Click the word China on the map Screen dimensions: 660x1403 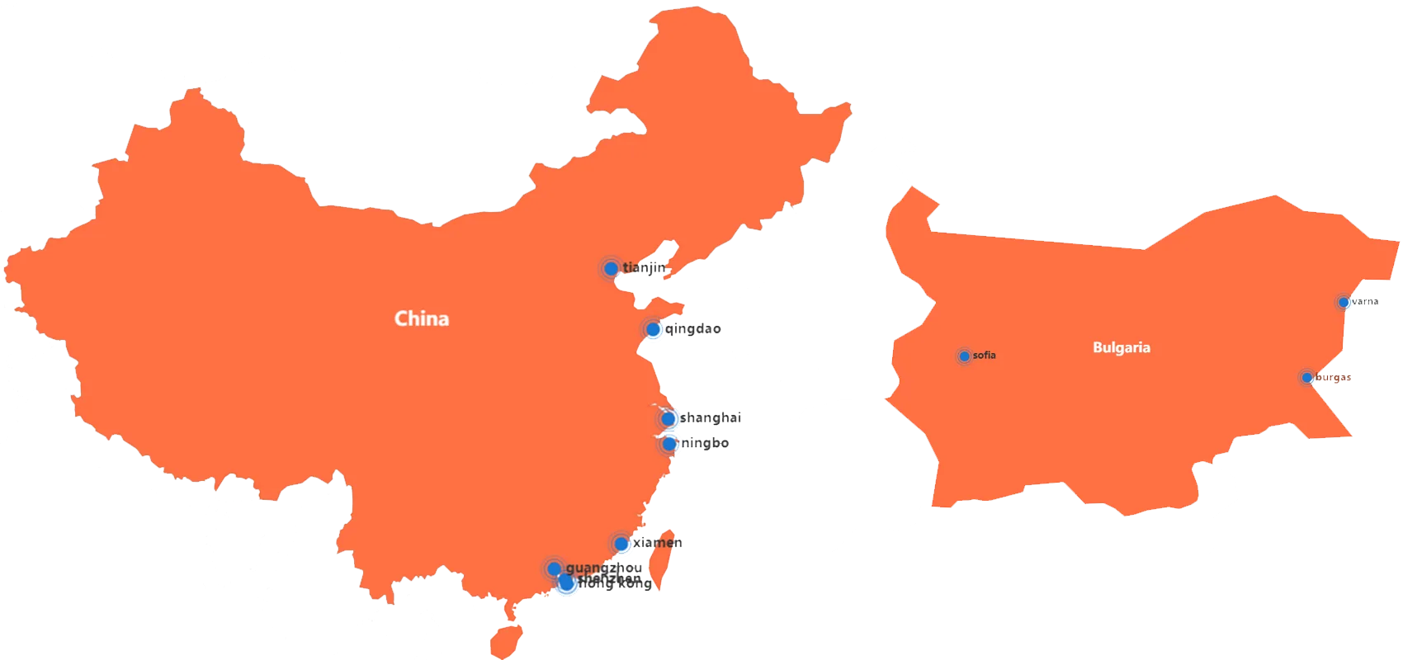(x=422, y=318)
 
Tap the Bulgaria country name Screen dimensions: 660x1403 (x=1121, y=347)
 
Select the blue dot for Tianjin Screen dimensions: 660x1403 (x=611, y=268)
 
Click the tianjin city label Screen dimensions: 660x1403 (x=644, y=267)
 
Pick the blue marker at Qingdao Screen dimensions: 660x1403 (x=653, y=329)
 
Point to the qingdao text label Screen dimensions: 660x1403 (x=693, y=329)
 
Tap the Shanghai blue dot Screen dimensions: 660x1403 (x=668, y=418)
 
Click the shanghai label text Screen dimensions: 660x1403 (x=710, y=417)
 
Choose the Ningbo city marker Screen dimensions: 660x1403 (x=669, y=444)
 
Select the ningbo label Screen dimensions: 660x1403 (x=706, y=443)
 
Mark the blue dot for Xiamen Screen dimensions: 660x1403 (x=621, y=544)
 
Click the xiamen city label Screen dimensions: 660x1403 (x=658, y=542)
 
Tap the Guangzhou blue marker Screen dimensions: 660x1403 (x=554, y=568)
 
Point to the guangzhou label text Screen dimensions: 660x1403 (x=603, y=568)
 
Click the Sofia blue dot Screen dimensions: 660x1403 (x=964, y=356)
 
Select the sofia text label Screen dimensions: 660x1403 (x=984, y=356)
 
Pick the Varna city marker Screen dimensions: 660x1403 (x=1344, y=303)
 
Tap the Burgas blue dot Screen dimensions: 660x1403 (x=1306, y=378)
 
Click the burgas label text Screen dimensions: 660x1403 (x=1333, y=377)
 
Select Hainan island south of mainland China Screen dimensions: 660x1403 (x=505, y=641)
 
